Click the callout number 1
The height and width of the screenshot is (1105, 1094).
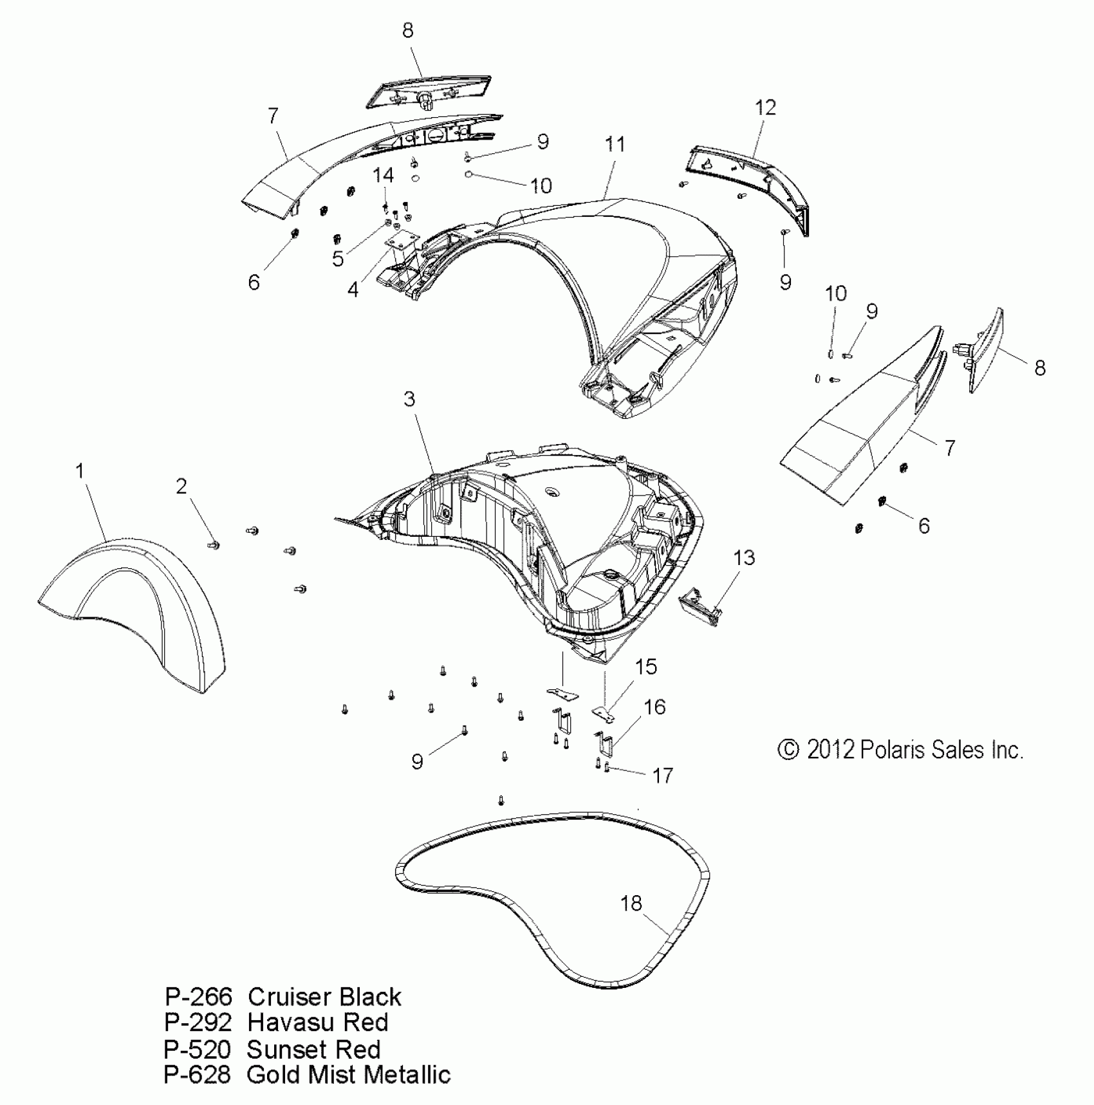[x=80, y=471]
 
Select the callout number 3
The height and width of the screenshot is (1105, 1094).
[x=410, y=399]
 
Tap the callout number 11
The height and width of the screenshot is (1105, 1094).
[x=615, y=144]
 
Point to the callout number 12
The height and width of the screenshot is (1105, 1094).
[x=766, y=107]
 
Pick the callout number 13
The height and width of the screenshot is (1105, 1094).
[x=744, y=557]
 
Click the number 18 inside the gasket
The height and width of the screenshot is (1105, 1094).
[x=631, y=904]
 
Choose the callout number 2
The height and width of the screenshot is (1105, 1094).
[x=181, y=486]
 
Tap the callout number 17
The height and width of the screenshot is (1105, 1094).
[x=663, y=775]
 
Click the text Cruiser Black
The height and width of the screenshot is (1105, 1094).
[x=324, y=997]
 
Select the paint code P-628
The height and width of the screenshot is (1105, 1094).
[x=197, y=1074]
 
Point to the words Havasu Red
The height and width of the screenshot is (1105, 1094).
[x=318, y=1023]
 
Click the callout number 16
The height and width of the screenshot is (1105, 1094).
[x=654, y=707]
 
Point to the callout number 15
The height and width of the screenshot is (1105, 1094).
[x=646, y=666]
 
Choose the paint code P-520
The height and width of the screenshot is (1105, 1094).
[x=197, y=1049]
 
